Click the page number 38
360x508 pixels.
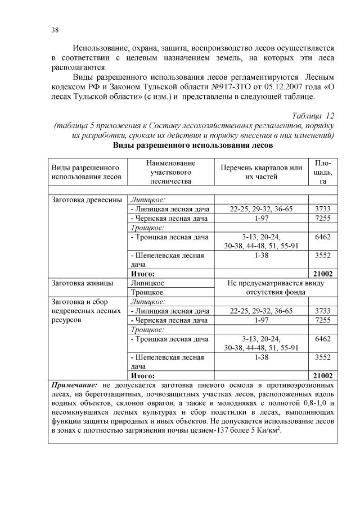[55, 29]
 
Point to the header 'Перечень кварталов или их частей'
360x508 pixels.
[262, 172]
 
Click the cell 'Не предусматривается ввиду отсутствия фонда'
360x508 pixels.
[262, 287]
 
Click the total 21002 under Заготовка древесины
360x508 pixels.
[322, 274]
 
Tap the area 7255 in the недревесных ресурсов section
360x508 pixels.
[322, 320]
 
